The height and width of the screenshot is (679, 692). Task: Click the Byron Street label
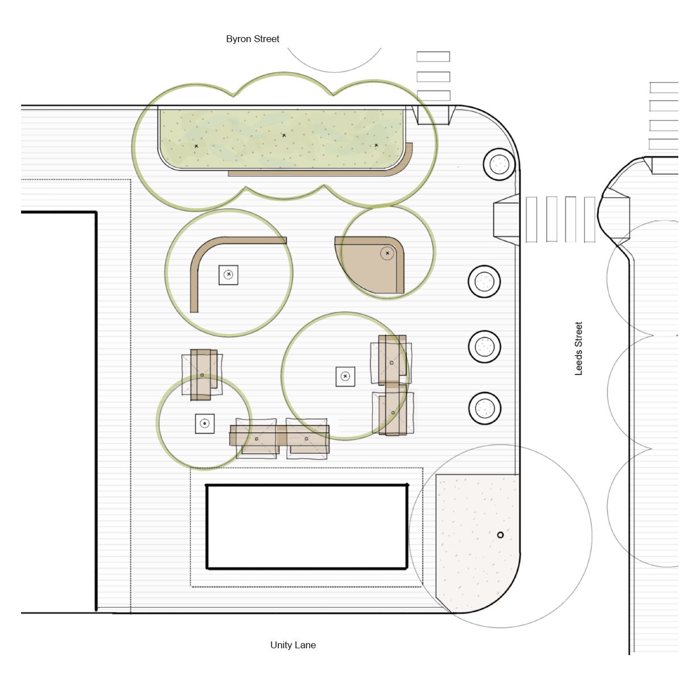pyautogui.click(x=253, y=39)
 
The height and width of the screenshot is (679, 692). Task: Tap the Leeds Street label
pyautogui.click(x=578, y=348)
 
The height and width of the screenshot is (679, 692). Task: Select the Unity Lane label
pyautogui.click(x=293, y=645)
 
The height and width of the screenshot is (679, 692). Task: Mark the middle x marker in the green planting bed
pyautogui.click(x=284, y=135)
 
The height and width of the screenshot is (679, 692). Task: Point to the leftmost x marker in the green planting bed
pyautogui.click(x=196, y=146)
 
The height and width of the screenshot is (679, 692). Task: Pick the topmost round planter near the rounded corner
pyautogui.click(x=499, y=164)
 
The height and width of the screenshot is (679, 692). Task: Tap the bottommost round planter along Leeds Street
pyautogui.click(x=484, y=408)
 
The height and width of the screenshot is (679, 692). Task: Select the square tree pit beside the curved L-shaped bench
pyautogui.click(x=228, y=275)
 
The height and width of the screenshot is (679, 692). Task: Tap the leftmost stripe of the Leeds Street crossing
pyautogui.click(x=532, y=219)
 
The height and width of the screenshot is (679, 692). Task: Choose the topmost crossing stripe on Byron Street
pyautogui.click(x=433, y=56)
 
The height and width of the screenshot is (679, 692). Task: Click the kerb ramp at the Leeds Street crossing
pyautogui.click(x=506, y=220)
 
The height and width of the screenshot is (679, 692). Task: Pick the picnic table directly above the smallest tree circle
pyautogui.click(x=202, y=375)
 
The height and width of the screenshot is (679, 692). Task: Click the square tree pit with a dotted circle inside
pyautogui.click(x=205, y=423)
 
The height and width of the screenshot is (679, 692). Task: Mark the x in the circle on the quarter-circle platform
pyautogui.click(x=387, y=253)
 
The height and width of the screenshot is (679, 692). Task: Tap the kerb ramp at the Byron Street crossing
pyautogui.click(x=433, y=115)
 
